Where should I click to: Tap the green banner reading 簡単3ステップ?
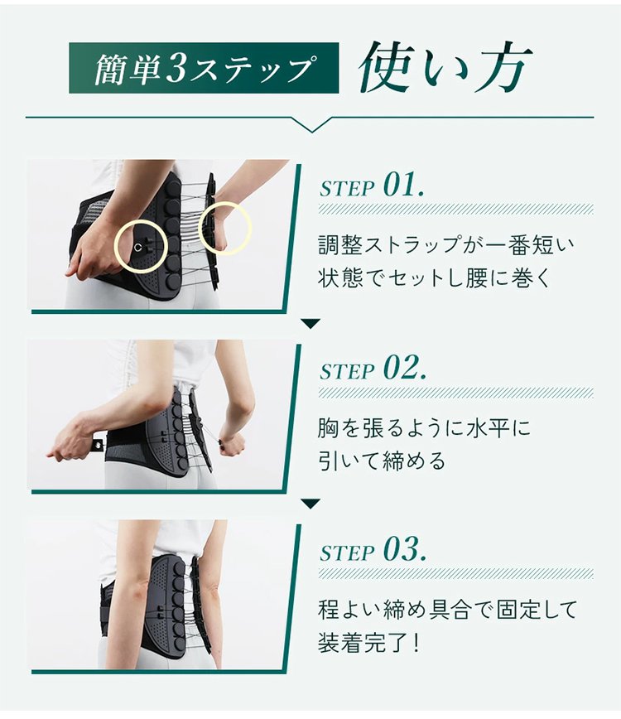pos(204,68)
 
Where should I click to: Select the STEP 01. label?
pos(372,185)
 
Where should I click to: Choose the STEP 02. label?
pos(373,368)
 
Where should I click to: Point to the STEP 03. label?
pos(373,549)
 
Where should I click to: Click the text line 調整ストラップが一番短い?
pos(446,245)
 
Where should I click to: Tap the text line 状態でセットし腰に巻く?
pos(433,277)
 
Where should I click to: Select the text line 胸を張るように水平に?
pos(424,427)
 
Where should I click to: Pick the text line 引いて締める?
pos(382,461)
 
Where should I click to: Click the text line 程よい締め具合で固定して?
pos(447,610)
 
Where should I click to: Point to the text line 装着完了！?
pos(369,643)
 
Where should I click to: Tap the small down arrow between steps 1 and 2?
pos(310,324)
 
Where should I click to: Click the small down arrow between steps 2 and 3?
pos(310,504)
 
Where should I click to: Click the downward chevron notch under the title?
pos(311,125)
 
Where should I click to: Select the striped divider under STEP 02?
pos(456,393)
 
